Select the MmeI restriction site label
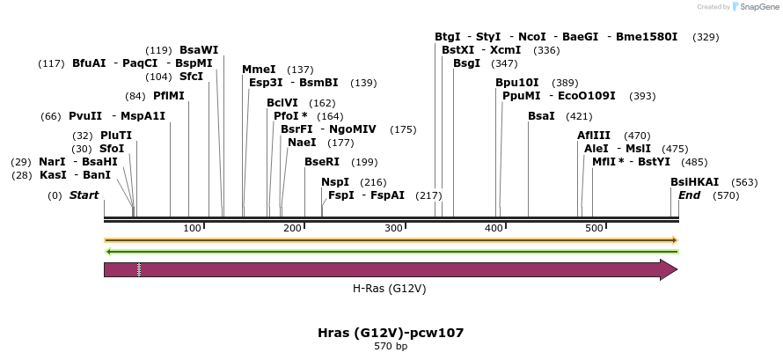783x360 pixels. point(259,70)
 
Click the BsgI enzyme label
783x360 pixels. point(466,63)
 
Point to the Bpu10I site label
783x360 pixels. point(517,83)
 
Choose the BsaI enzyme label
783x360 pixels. point(541,116)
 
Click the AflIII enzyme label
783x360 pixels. point(594,136)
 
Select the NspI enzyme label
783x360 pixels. point(335,182)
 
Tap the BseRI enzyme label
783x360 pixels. point(322,162)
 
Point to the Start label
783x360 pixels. point(84,195)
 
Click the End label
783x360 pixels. point(689,195)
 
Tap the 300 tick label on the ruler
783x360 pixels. point(393,229)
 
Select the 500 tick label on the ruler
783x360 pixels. point(594,229)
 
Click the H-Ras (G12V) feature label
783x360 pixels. point(389,288)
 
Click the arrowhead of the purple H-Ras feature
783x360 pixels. point(669,269)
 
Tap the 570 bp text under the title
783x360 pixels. point(391,347)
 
